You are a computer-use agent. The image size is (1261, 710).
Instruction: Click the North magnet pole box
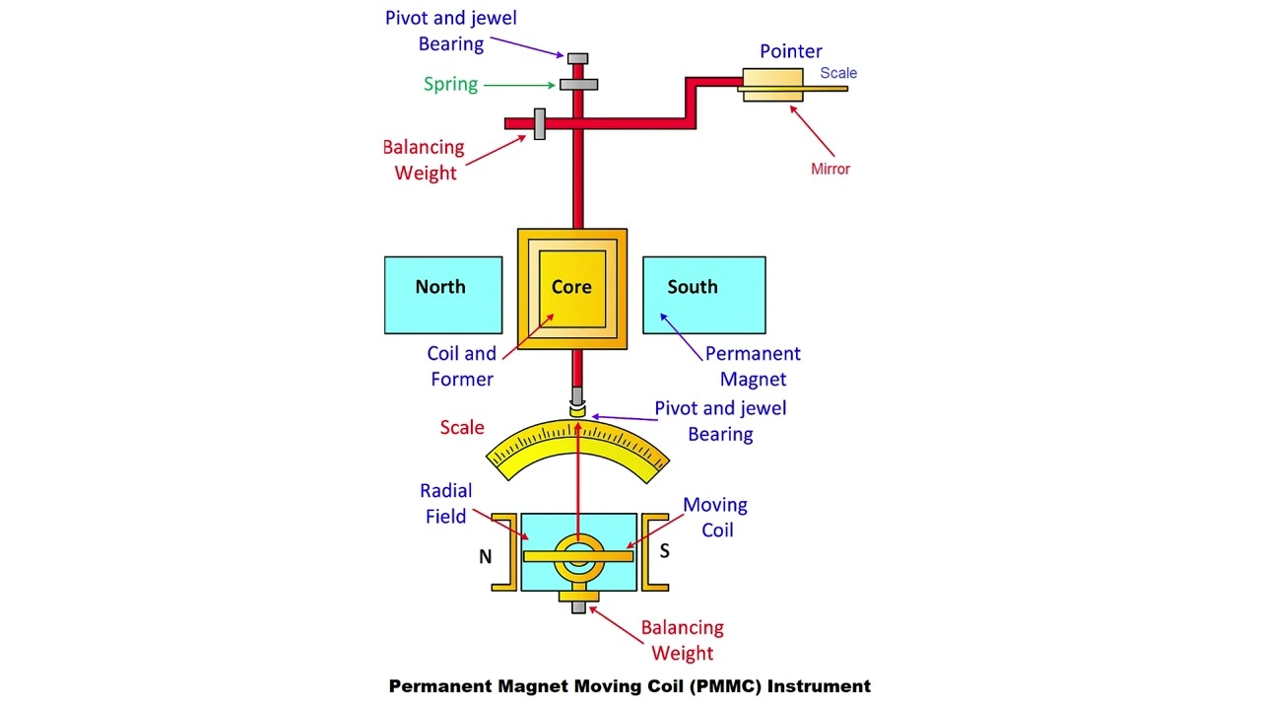(x=442, y=295)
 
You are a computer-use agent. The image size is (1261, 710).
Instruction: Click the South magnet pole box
(x=703, y=295)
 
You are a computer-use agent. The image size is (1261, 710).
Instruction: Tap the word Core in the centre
(x=571, y=287)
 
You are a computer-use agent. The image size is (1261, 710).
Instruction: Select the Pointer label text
(x=790, y=51)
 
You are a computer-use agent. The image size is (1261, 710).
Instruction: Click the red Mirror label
(x=830, y=169)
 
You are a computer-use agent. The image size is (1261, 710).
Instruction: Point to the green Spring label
(x=450, y=84)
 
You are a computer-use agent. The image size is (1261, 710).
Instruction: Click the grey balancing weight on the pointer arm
(x=539, y=123)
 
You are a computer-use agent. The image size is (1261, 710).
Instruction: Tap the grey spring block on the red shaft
(x=578, y=85)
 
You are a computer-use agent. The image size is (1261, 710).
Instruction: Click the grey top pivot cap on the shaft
(x=578, y=59)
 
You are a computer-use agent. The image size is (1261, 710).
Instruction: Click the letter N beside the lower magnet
(x=485, y=557)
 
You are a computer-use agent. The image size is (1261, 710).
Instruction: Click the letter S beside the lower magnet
(x=664, y=551)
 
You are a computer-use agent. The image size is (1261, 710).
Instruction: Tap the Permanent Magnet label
(x=753, y=366)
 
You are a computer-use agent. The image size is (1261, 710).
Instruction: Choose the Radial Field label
(x=446, y=503)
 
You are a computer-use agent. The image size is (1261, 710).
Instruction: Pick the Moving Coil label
(x=715, y=517)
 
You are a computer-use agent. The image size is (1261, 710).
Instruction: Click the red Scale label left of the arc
(x=462, y=427)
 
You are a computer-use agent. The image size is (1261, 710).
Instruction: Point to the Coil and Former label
(x=461, y=366)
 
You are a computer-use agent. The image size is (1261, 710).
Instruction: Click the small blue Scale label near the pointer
(x=838, y=73)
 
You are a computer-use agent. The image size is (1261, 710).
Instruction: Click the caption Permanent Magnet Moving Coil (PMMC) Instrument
(x=630, y=686)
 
